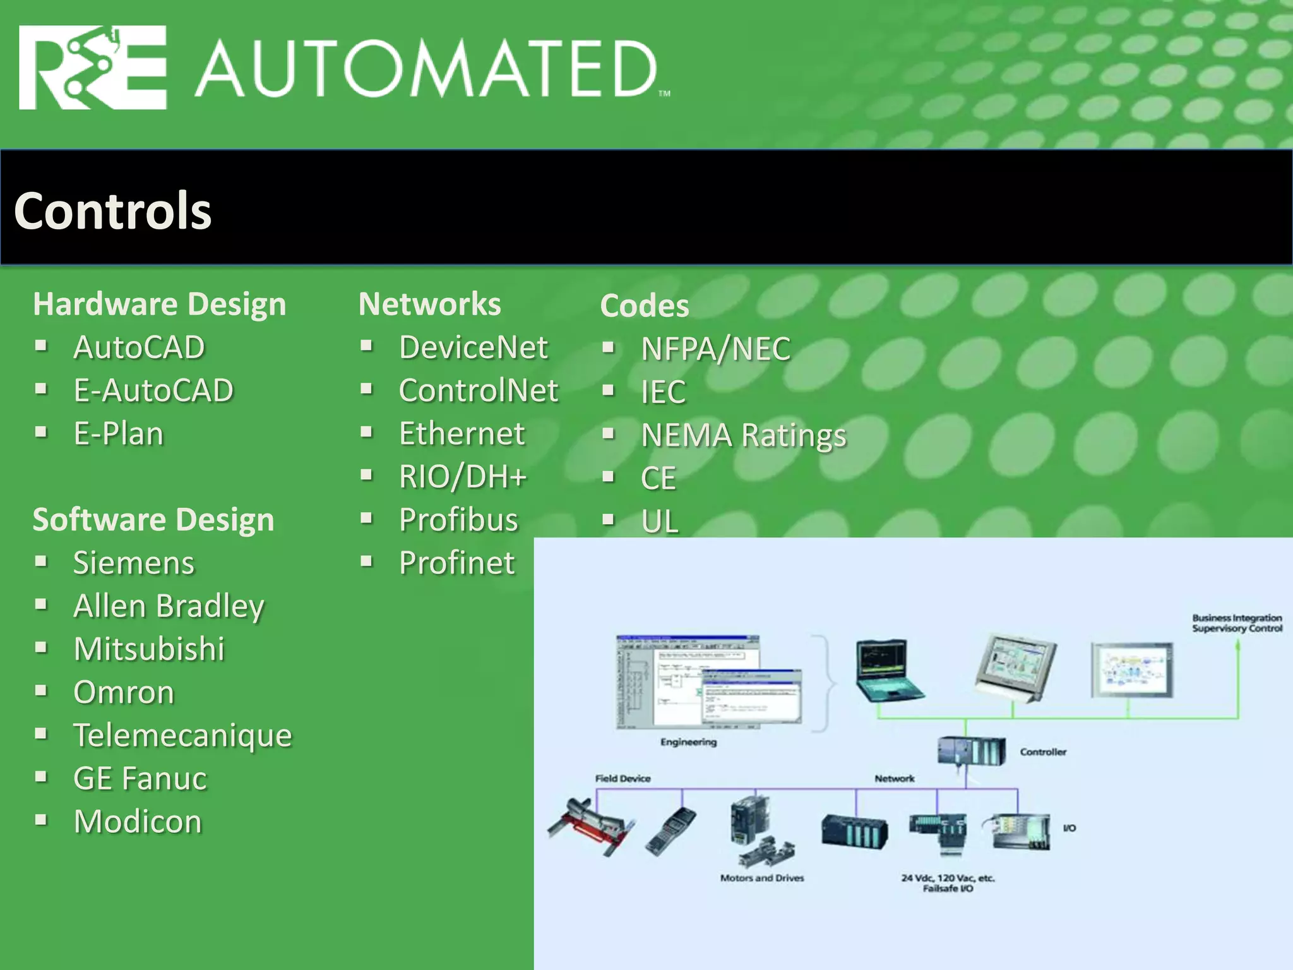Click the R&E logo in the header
click(93, 68)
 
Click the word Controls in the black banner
click(113, 210)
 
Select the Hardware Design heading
click(159, 304)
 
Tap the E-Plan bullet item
click(119, 434)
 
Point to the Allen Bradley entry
click(169, 606)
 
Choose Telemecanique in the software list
click(182, 735)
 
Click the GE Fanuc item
click(140, 778)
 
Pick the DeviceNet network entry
click(474, 347)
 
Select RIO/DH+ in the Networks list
click(463, 477)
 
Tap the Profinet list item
click(457, 563)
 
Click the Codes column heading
click(645, 306)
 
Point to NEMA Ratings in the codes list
click(744, 435)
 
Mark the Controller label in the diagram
click(1043, 752)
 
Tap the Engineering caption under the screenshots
click(688, 742)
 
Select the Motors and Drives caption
click(762, 878)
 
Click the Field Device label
click(623, 779)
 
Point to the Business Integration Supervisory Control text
click(1237, 623)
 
